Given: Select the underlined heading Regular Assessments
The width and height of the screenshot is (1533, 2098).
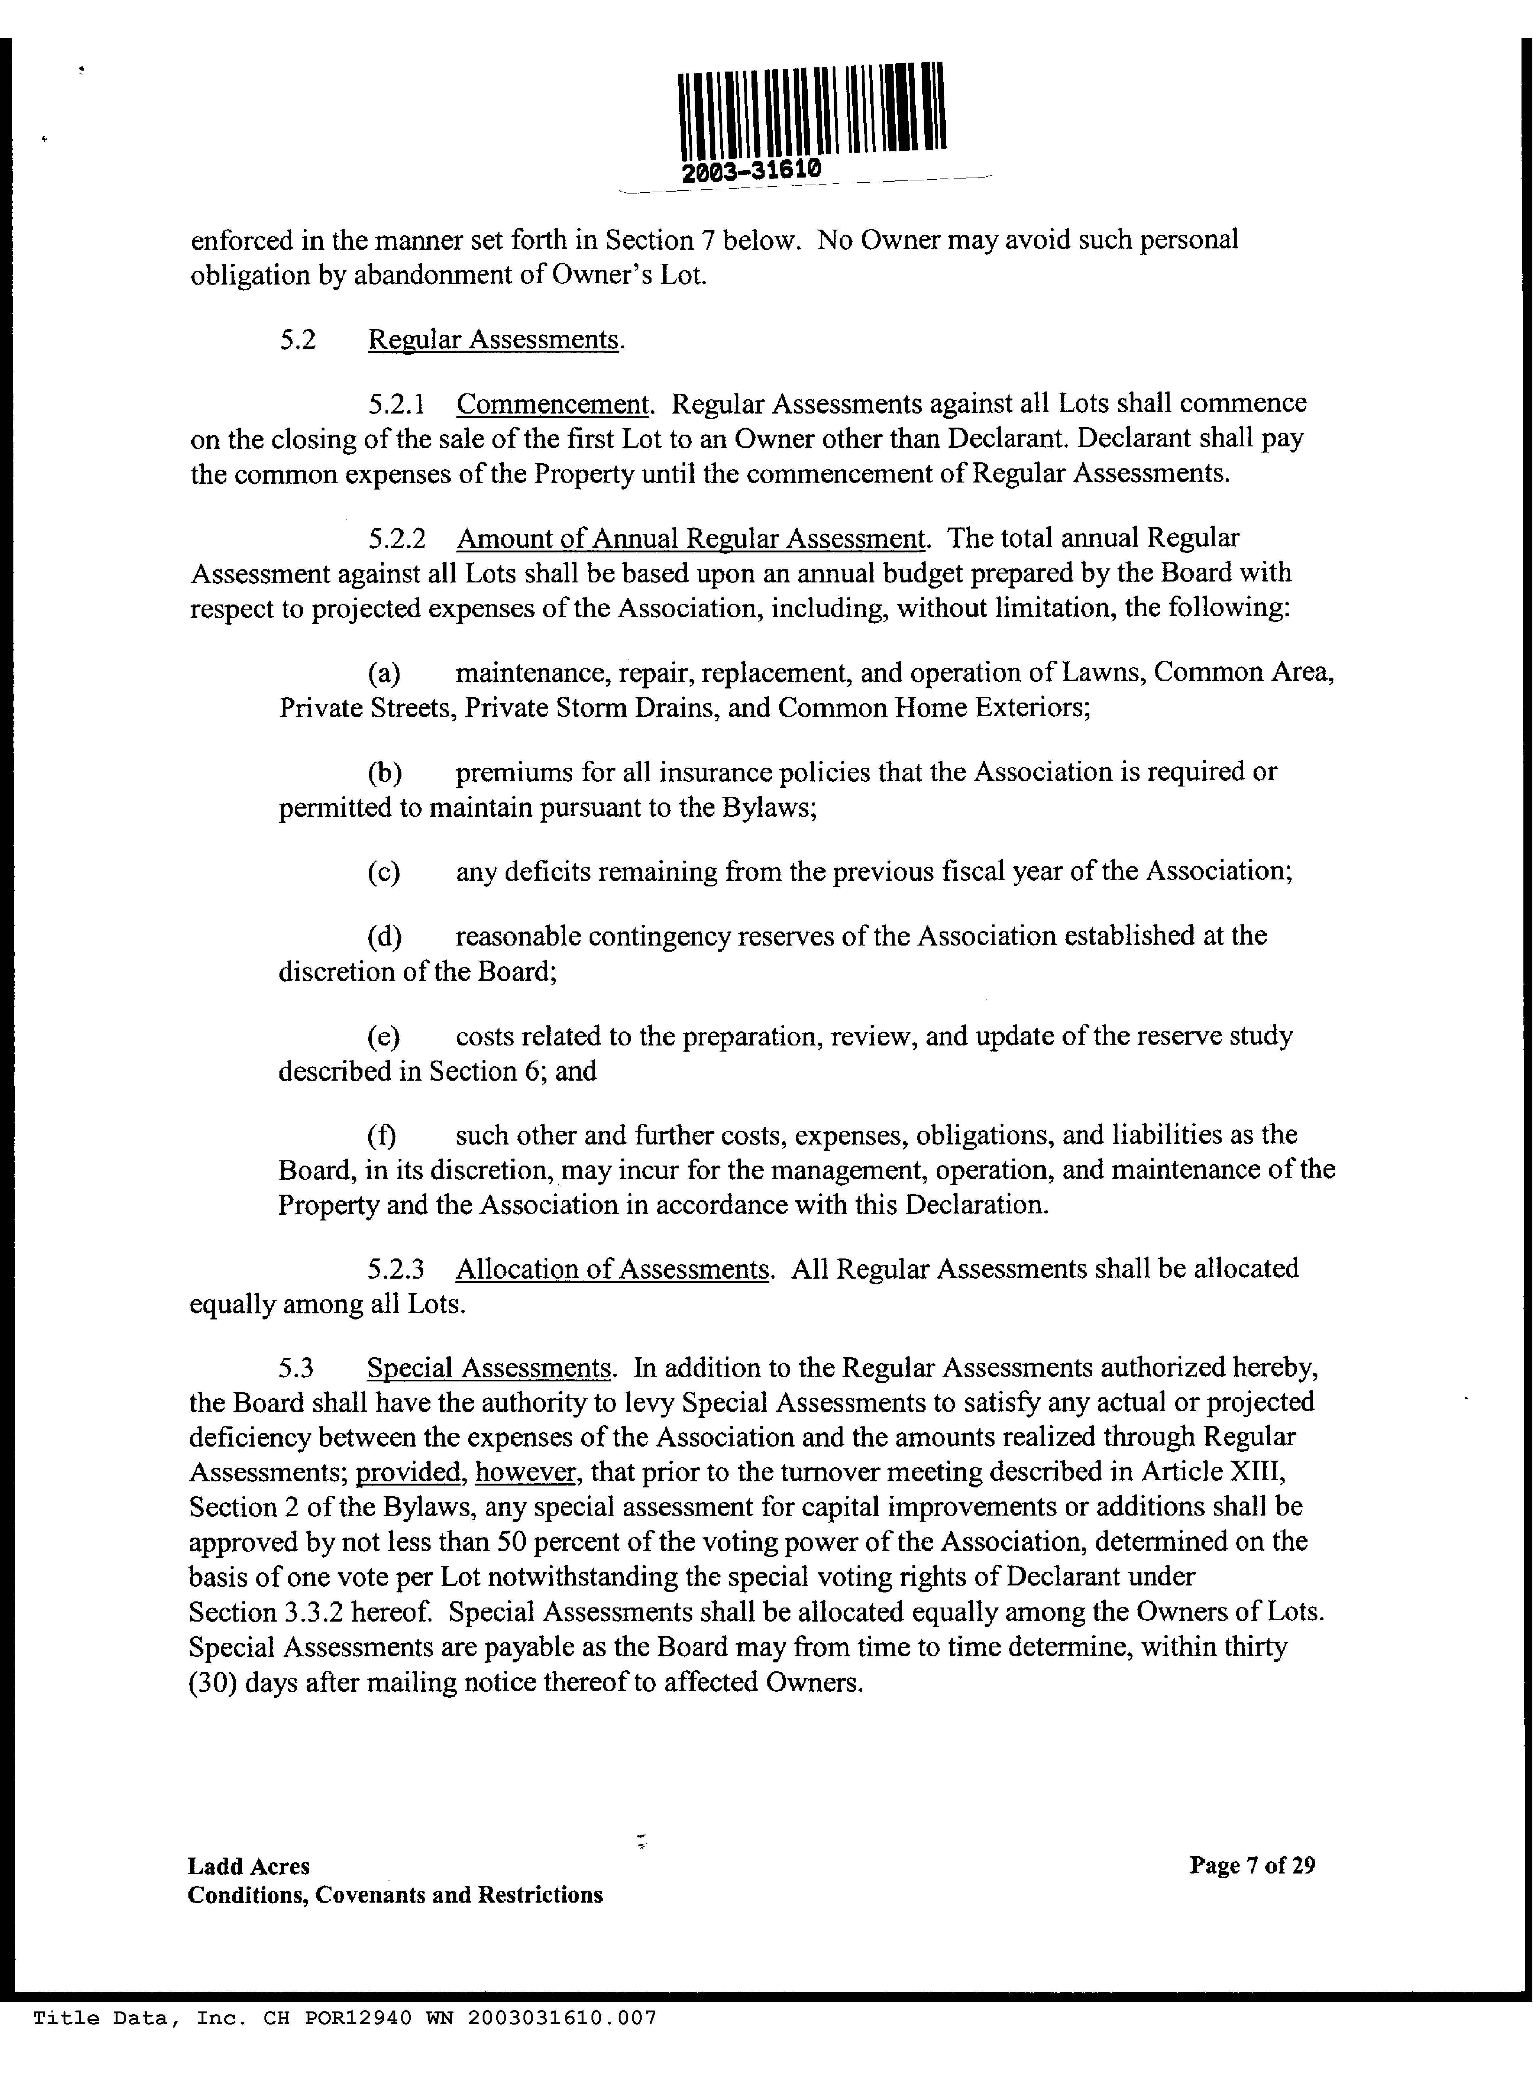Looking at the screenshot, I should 493,340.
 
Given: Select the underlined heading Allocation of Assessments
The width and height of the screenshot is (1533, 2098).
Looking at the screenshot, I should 613,1268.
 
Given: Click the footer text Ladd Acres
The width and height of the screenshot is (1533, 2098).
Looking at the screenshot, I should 249,1866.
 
